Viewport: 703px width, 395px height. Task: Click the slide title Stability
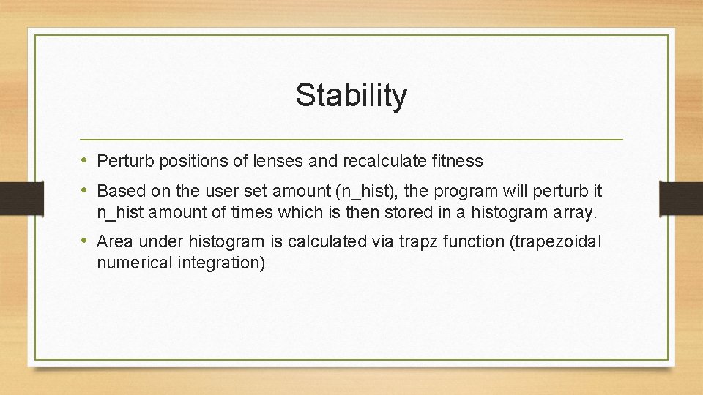[x=351, y=95]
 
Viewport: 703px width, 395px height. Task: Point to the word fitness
[x=457, y=161]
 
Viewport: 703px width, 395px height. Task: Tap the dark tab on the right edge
[x=680, y=197]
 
